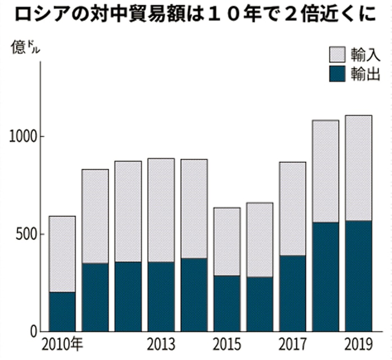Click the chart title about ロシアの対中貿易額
tap(195, 13)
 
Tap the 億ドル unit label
tap(24, 47)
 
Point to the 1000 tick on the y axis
tap(23, 137)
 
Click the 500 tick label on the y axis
tap(26, 234)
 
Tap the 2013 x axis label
tap(161, 343)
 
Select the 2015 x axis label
tap(227, 343)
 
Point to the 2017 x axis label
tap(293, 343)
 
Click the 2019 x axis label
tap(358, 343)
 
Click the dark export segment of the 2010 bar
tap(63, 312)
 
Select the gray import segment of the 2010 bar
tap(63, 254)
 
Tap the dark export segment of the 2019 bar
tap(358, 276)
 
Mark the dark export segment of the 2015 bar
tap(227, 303)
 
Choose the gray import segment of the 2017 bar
tap(293, 209)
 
